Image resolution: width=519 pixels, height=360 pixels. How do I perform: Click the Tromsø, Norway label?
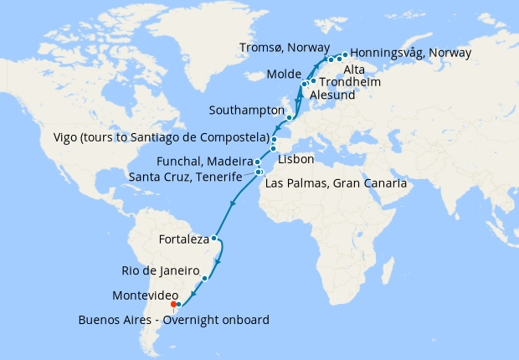coord(285,49)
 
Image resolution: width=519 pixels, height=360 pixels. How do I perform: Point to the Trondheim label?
coord(351,82)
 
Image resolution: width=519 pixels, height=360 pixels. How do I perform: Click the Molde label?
coord(281,75)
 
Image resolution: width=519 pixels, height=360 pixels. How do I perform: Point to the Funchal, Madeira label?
coord(204,162)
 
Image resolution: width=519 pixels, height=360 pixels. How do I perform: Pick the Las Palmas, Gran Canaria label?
coord(335,183)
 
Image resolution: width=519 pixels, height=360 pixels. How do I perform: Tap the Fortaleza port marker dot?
coord(215,239)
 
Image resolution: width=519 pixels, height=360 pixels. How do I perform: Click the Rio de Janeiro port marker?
coord(204,277)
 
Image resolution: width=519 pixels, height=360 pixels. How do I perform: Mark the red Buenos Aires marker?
coord(174,304)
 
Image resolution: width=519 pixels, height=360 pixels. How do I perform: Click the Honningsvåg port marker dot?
coord(345,54)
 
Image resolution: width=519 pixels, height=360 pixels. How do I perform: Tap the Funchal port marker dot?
coord(258,162)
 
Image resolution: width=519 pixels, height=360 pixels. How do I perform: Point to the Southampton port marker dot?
coord(289,118)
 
